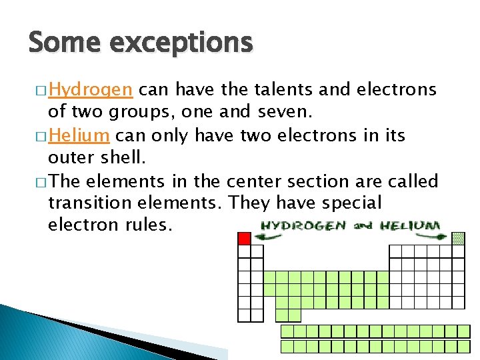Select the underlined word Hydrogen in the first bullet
(x=92, y=90)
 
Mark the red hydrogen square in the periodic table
(x=245, y=238)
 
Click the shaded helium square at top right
(x=458, y=238)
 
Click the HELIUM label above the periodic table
(x=409, y=225)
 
